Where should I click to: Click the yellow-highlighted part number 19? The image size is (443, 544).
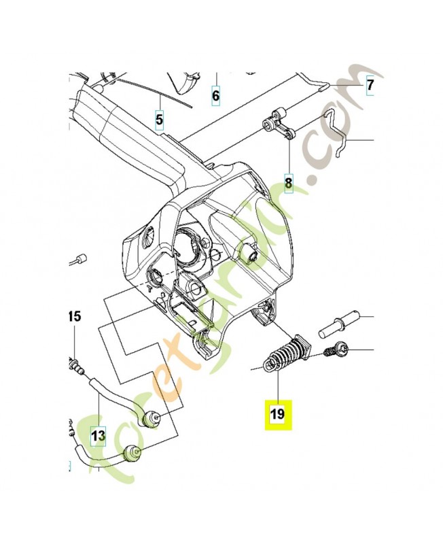coord(278,413)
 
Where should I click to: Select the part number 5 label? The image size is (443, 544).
coord(160,121)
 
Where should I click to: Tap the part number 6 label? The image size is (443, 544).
coord(216,96)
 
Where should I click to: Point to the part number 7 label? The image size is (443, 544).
coord(370,86)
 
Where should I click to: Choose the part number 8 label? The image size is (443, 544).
coord(288,182)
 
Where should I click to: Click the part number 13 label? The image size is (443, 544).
coord(98,434)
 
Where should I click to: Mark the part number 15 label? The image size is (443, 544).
coord(74,316)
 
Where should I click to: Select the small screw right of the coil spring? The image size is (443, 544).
coord(334,351)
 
